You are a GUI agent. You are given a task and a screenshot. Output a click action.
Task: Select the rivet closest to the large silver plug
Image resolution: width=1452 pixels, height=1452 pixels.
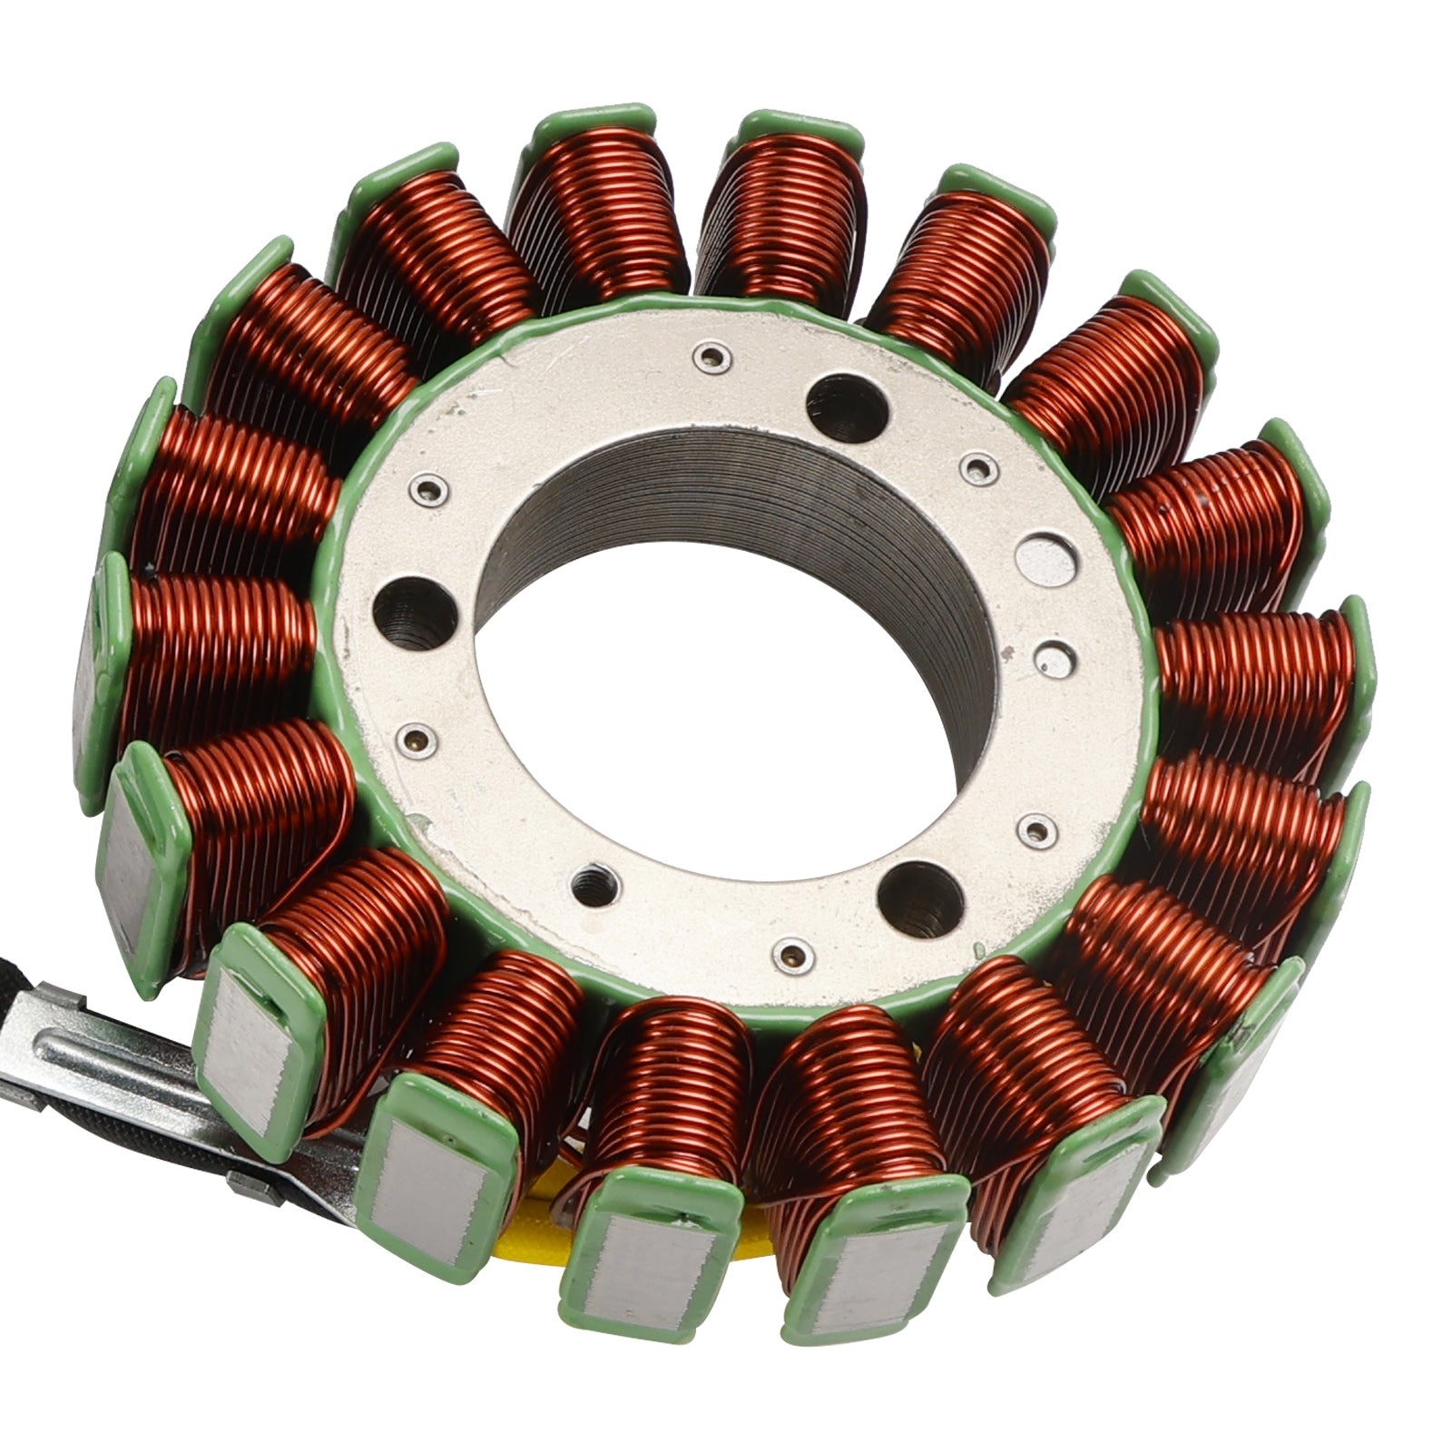978,468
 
